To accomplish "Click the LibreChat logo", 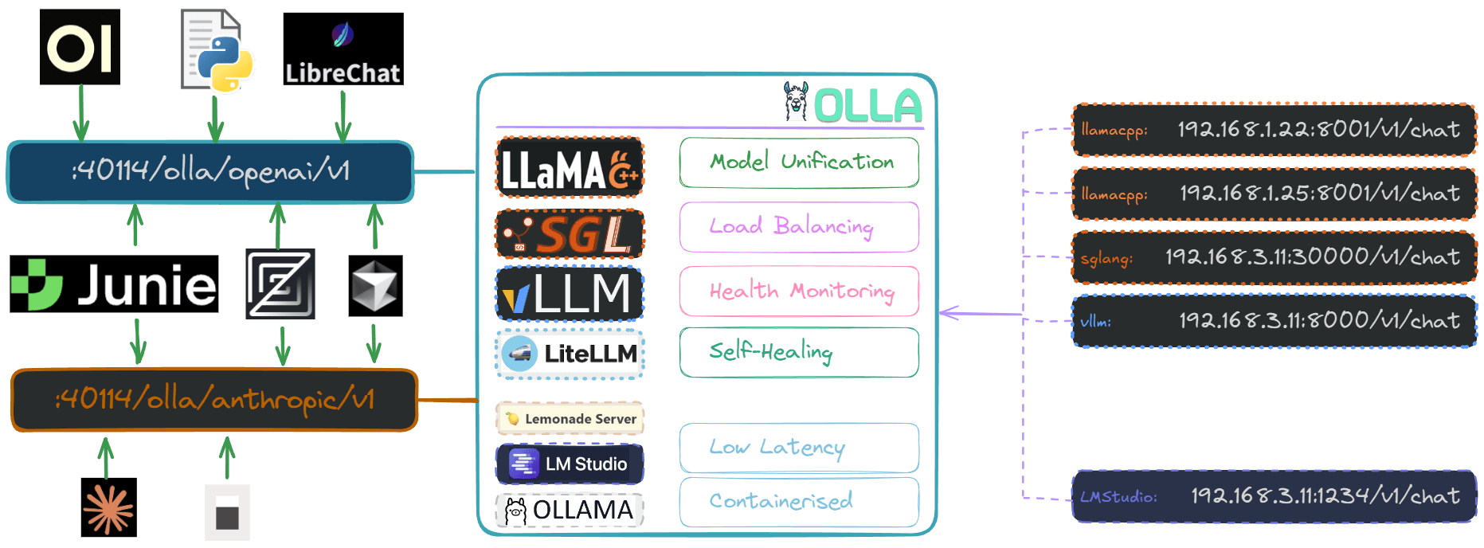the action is (343, 49).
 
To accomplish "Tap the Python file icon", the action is (216, 50).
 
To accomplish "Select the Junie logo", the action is (114, 284).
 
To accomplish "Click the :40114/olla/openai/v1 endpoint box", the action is (210, 171).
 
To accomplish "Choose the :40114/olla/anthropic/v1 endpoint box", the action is (214, 400).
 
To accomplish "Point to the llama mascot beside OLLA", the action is (795, 101).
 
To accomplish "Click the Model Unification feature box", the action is (799, 162).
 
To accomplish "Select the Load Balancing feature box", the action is (799, 227).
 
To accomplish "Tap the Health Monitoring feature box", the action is (799, 292).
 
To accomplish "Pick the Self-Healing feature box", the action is (799, 352).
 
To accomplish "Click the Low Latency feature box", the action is (799, 448).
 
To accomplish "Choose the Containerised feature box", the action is (799, 502).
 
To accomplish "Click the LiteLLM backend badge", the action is (570, 354).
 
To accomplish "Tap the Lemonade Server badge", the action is (570, 418).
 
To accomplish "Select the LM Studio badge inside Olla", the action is (570, 464).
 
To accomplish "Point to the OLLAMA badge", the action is (570, 510).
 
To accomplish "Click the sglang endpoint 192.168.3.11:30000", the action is (1274, 257).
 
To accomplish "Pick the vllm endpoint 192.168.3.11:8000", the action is (1274, 321).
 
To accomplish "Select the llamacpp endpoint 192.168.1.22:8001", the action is (1274, 130).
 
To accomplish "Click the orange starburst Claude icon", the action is (109, 507).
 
